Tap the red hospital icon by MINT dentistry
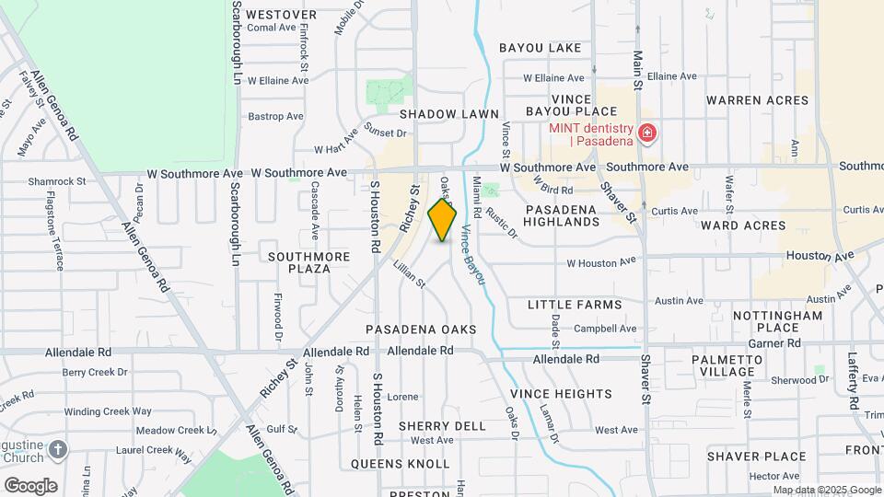tap(647, 134)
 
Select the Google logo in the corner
tap(30, 485)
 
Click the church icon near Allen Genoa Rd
tap(58, 449)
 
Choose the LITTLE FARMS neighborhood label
tap(575, 305)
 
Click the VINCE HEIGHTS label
tap(561, 394)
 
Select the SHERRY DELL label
tap(442, 426)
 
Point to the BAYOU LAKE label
tap(541, 48)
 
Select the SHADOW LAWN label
tap(448, 113)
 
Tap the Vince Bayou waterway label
tap(472, 255)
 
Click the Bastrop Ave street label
tap(275, 117)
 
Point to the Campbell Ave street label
tap(605, 329)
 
